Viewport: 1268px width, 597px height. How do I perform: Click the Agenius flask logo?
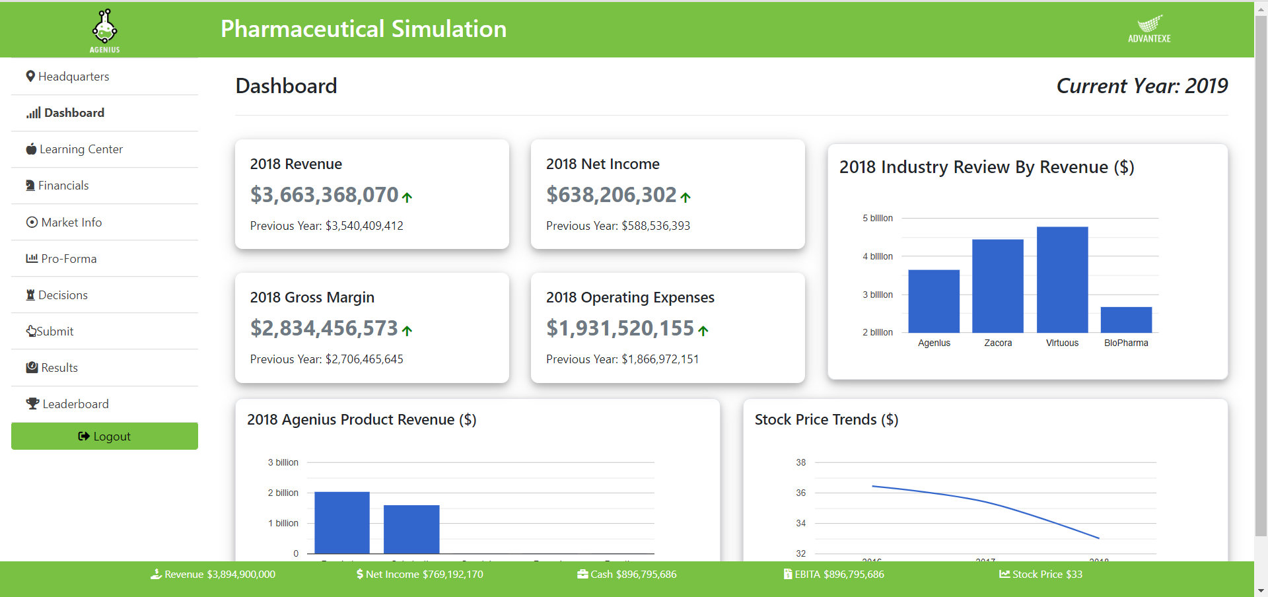pos(104,28)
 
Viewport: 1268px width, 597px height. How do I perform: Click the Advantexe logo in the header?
pos(1149,29)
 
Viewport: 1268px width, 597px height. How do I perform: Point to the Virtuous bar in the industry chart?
pos(1062,280)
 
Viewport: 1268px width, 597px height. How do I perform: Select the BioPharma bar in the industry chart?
pos(1126,320)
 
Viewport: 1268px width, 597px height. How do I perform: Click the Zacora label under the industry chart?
pos(998,343)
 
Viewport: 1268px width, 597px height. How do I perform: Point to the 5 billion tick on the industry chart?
pos(878,218)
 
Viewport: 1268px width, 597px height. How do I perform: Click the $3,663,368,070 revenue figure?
pos(324,195)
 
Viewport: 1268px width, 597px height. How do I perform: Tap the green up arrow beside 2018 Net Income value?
pos(686,197)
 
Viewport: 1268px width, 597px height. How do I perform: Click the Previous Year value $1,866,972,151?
pos(660,359)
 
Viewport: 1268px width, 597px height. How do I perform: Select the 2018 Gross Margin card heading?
pos(312,297)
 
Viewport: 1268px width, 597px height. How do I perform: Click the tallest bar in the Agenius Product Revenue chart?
pos(342,522)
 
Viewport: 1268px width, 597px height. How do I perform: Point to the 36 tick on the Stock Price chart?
pos(800,493)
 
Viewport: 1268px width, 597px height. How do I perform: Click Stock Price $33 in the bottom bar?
pos(1041,575)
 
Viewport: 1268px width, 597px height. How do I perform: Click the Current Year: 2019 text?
pos(1142,86)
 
